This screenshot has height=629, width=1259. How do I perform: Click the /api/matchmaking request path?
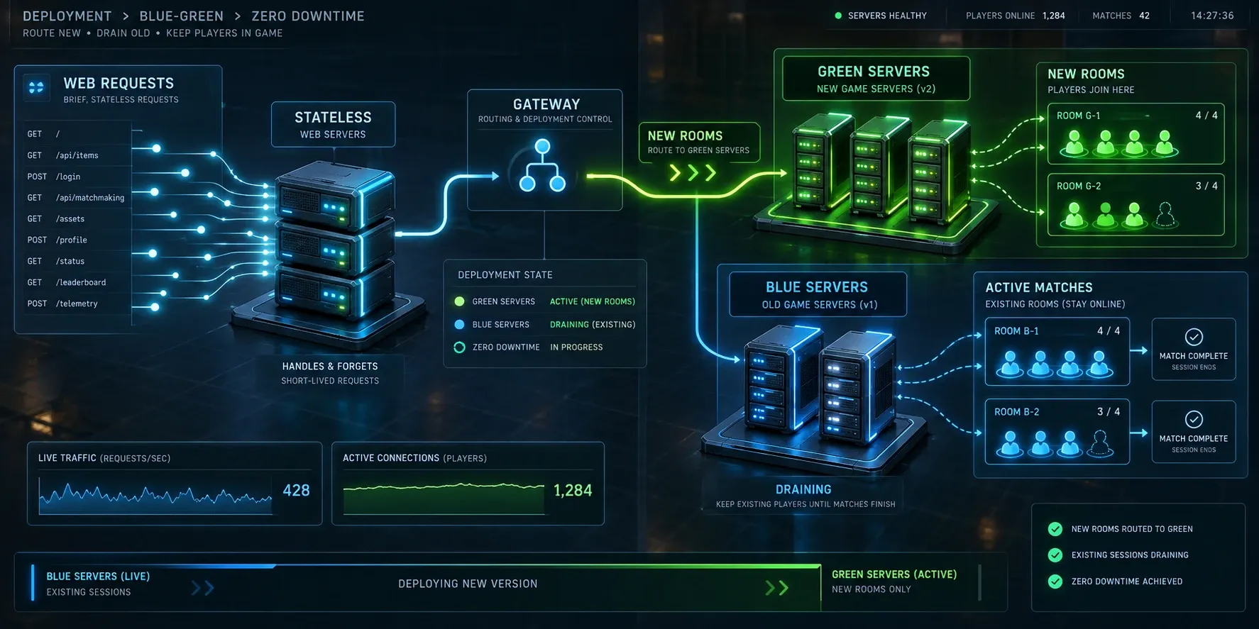click(x=90, y=198)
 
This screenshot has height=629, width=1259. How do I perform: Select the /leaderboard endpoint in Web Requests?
click(x=81, y=282)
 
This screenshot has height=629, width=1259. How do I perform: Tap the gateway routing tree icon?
click(x=542, y=165)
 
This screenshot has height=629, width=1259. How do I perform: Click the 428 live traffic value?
click(x=296, y=490)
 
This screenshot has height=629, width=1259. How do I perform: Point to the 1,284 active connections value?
click(x=573, y=490)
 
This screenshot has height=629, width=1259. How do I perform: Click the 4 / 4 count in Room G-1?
click(x=1206, y=116)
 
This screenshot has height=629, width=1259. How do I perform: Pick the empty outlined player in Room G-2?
click(x=1165, y=215)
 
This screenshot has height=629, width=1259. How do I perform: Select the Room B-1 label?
click(x=1016, y=331)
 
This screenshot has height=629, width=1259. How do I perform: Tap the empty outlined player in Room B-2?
click(x=1099, y=443)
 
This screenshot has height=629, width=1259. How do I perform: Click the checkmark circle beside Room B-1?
click(x=1194, y=337)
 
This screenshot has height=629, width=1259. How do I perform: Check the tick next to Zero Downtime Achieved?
click(x=1055, y=581)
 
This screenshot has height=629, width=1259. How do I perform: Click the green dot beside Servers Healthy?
click(x=838, y=16)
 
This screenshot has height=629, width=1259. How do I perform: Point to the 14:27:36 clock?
click(x=1212, y=16)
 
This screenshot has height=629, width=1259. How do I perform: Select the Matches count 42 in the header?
click(x=1144, y=16)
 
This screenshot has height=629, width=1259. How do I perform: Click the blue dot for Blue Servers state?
click(x=459, y=325)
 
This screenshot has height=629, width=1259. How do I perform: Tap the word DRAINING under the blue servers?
click(x=803, y=489)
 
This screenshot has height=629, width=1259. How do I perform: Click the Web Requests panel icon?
click(x=36, y=87)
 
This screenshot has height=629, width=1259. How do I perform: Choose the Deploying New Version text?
click(x=468, y=584)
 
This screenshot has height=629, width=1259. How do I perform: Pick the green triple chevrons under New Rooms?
click(x=693, y=172)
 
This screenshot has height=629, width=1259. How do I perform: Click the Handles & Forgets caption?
click(x=330, y=367)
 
